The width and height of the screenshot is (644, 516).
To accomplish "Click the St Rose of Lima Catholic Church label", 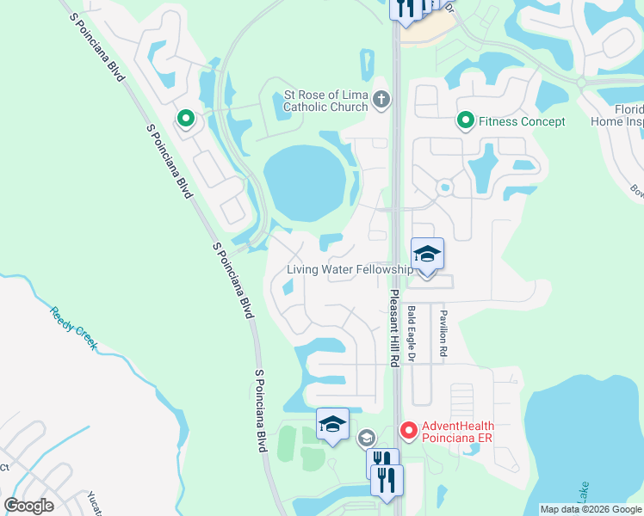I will pos(326,101).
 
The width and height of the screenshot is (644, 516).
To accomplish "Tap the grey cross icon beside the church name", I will pos(382,101).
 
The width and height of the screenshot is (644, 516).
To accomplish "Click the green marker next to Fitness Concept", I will pos(466,120).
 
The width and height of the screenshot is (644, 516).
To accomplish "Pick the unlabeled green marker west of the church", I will pos(184,119).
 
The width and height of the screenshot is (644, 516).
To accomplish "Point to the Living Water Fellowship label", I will pos(350,270).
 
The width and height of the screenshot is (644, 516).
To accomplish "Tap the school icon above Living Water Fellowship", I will pos(427,254).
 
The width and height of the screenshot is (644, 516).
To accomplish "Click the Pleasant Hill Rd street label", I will pos(393,329).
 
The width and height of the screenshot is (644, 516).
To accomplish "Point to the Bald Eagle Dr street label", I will pos(412,332).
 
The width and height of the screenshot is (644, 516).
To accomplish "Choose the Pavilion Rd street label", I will pos(444,334).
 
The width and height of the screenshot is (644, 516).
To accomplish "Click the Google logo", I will pos(29,506).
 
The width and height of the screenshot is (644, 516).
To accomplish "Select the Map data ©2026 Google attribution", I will pos(591,509).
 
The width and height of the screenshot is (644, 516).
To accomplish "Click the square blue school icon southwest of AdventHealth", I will pos(333,424).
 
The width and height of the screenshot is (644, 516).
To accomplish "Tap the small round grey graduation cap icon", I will pos(367,438).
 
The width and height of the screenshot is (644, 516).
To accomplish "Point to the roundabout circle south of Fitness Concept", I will pos(444,187).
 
